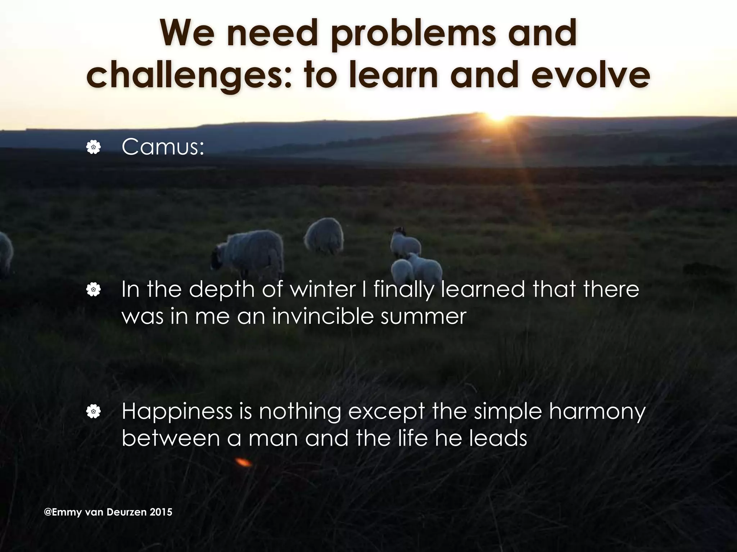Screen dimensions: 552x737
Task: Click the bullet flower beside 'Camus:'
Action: (93, 147)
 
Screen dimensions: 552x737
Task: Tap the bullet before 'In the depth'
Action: (93, 289)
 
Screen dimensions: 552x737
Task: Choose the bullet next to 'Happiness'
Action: (93, 412)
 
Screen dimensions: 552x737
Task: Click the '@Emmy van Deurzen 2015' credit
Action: (108, 512)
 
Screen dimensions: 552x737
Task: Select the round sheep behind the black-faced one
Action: (324, 235)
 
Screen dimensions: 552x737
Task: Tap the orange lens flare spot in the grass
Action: (244, 462)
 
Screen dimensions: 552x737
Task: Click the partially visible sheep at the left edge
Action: (5, 252)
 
